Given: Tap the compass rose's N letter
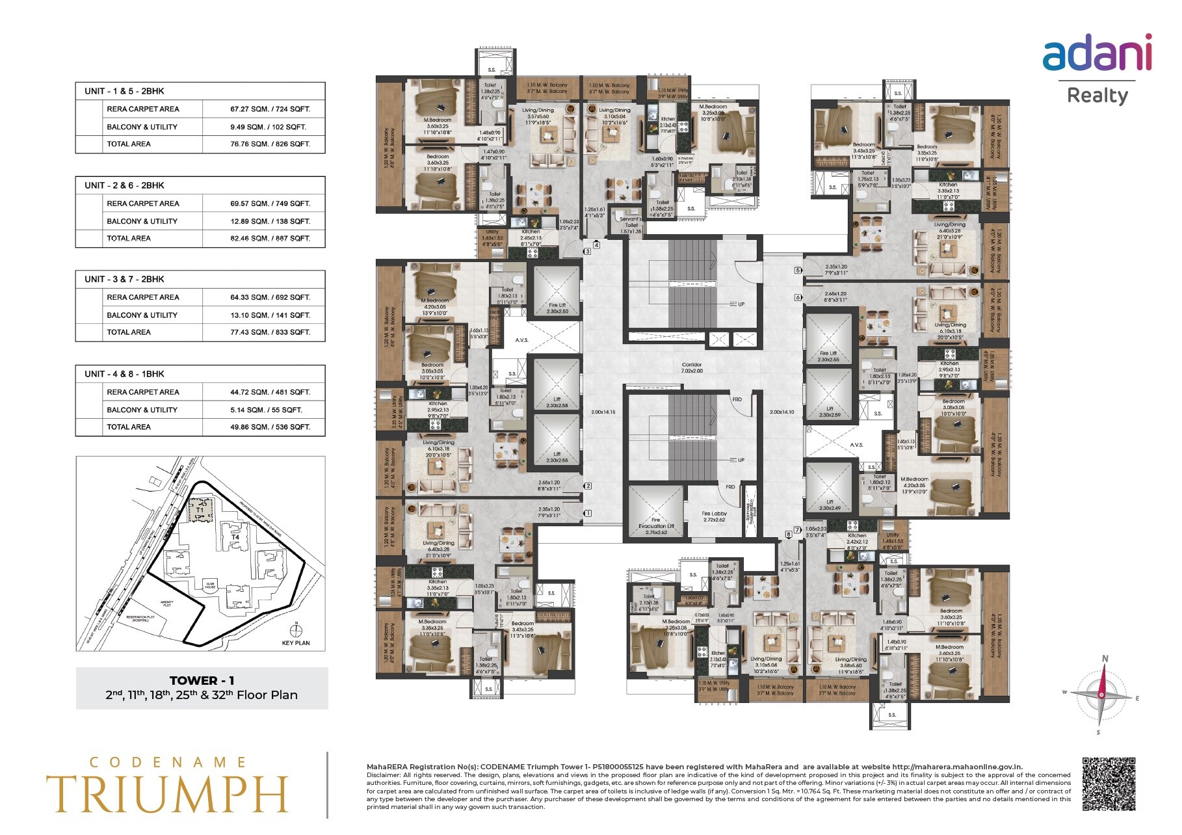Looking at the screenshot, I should click(x=1105, y=659).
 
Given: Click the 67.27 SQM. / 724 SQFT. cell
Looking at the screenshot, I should click(x=270, y=109).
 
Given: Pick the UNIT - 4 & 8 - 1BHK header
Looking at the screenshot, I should click(x=124, y=374).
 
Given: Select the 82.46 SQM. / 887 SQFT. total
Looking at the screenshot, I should click(x=270, y=239).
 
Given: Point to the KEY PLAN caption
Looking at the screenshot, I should click(x=296, y=643).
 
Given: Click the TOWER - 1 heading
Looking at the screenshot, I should click(x=202, y=680).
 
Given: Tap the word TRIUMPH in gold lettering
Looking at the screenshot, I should click(x=166, y=793).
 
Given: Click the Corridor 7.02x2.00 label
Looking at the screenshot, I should click(x=692, y=368).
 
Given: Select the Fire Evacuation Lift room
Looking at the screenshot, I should click(x=655, y=514).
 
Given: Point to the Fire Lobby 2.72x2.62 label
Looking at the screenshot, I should click(x=714, y=516).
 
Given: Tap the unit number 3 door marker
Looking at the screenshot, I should click(x=587, y=251).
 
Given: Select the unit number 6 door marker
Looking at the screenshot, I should click(x=798, y=297).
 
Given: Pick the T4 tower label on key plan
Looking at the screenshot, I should click(x=235, y=537).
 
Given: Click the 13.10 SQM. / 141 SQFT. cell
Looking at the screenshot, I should click(x=270, y=315).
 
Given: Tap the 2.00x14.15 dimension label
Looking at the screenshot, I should click(x=603, y=412).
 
